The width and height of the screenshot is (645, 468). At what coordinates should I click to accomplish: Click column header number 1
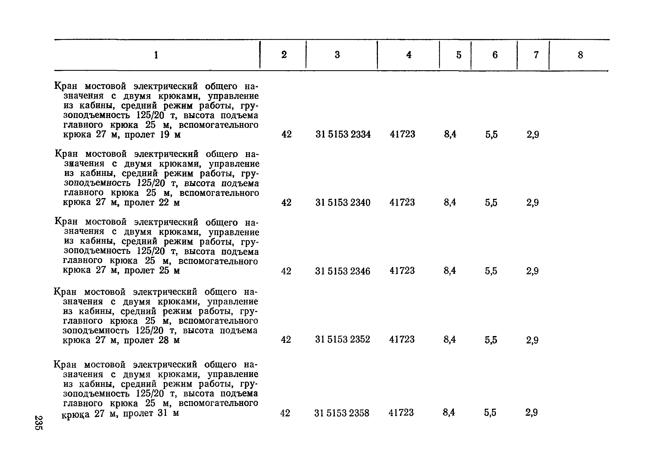[x=156, y=55]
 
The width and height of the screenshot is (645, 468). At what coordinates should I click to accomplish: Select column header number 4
[x=409, y=55]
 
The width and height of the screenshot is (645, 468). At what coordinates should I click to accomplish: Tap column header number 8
[x=581, y=55]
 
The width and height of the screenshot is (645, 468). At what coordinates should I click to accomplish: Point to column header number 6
[x=495, y=55]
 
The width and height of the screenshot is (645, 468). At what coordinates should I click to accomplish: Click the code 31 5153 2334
[x=343, y=134]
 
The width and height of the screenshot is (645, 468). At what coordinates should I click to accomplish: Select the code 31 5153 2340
[x=343, y=202]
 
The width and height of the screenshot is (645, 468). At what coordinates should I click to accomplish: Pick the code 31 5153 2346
[x=342, y=271]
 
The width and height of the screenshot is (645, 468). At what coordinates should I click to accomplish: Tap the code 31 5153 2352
[x=342, y=339]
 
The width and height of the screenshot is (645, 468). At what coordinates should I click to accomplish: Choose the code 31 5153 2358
[x=342, y=413]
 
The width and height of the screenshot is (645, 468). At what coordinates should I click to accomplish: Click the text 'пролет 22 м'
[x=152, y=202]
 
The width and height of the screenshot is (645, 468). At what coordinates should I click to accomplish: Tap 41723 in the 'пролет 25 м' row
[x=402, y=270]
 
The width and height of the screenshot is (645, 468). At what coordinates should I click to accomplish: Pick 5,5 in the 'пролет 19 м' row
[x=492, y=134]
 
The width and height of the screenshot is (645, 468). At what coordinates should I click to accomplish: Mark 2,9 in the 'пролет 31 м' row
[x=531, y=413]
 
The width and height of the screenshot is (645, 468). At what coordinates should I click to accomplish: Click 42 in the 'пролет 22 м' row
[x=286, y=202]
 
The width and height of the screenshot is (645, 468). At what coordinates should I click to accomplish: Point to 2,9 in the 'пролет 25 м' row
[x=532, y=271]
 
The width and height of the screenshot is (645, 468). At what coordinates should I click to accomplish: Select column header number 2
[x=284, y=55]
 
